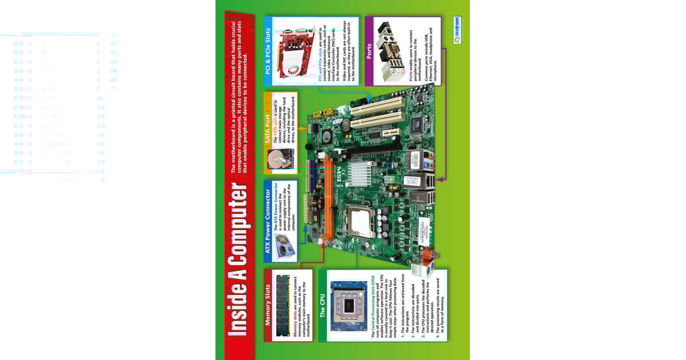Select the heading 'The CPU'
(322, 306)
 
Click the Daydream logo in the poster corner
(457, 26)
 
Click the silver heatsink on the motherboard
(366, 172)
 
